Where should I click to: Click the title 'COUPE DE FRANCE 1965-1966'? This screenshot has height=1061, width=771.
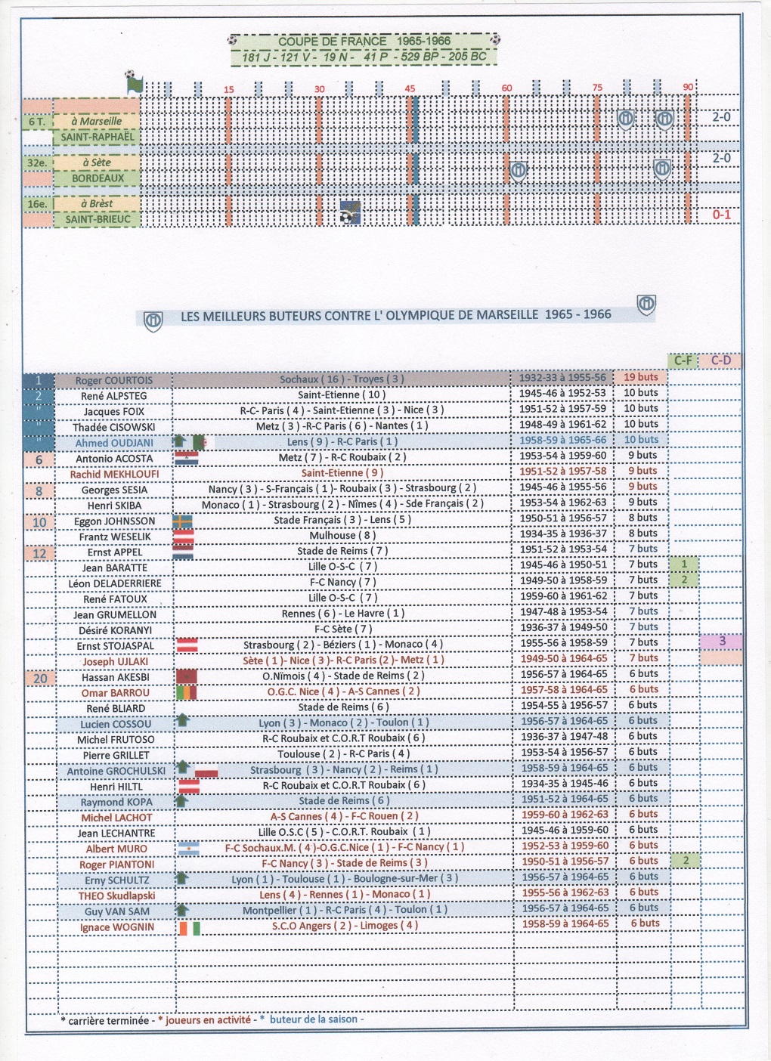point(364,41)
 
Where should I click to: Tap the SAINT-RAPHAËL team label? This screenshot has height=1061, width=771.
point(98,138)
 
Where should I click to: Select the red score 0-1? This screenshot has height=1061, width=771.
point(721,215)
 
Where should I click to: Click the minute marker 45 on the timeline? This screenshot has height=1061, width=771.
point(410,88)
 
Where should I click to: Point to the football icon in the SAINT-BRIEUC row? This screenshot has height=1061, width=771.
point(350,212)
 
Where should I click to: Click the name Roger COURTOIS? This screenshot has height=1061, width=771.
point(113,380)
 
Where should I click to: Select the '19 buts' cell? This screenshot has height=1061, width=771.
point(640,377)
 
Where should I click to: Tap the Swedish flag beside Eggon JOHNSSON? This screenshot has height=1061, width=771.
point(183,521)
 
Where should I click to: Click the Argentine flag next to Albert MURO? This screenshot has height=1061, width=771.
point(187,849)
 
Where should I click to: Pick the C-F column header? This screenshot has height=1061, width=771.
point(683,360)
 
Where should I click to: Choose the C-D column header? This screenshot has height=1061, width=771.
point(721,360)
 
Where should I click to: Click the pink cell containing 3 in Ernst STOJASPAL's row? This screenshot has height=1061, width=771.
point(721,642)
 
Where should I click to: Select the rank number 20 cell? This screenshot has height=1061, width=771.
point(40,678)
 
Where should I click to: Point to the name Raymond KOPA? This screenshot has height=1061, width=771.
point(116,802)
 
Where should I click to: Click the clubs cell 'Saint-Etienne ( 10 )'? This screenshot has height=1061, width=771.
point(342,394)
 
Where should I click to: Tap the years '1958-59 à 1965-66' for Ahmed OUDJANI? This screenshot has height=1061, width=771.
point(562,440)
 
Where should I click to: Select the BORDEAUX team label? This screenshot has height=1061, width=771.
point(98,178)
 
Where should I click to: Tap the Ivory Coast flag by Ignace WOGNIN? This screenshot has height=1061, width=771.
point(189,927)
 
